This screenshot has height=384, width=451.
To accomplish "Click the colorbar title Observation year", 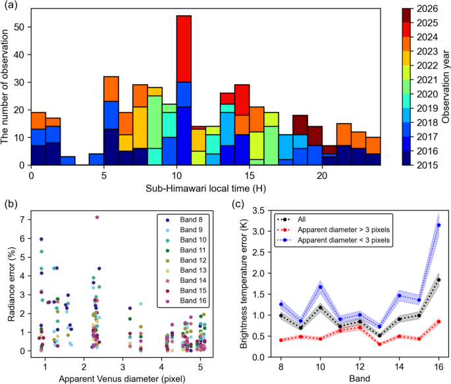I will tap(445, 87).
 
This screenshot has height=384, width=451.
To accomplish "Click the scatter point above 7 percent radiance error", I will tap(97, 217).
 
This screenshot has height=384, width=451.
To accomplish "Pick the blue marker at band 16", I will tap(438, 225).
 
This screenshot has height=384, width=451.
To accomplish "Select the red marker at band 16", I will tap(438, 322).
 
